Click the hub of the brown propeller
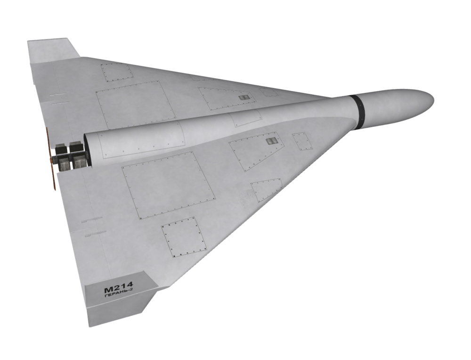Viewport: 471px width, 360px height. pyautogui.click(x=52, y=158)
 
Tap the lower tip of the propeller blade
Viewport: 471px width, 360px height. pyautogui.click(x=55, y=188)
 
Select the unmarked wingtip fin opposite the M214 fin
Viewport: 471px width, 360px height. pyautogui.click(x=53, y=50)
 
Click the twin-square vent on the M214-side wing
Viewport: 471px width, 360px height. pyautogui.click(x=272, y=141)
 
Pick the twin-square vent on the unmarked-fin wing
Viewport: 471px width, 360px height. pyautogui.click(x=244, y=98)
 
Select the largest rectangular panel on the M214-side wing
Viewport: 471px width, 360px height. pyautogui.click(x=168, y=185)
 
